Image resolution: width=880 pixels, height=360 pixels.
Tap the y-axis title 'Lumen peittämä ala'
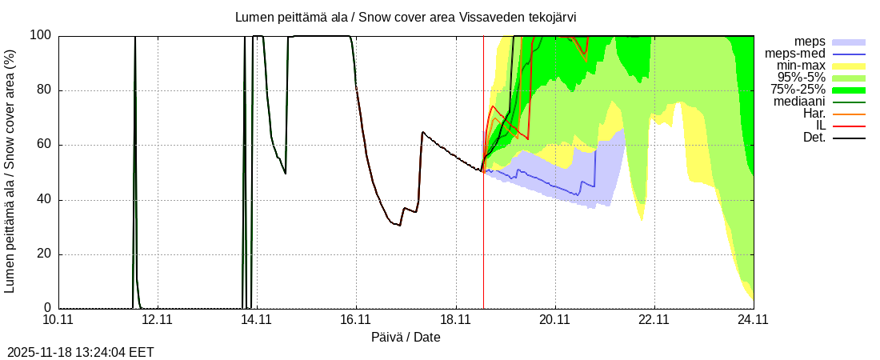(x=10, y=170)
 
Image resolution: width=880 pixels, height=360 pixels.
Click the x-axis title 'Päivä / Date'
(x=406, y=337)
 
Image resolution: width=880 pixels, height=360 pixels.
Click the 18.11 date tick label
(x=455, y=320)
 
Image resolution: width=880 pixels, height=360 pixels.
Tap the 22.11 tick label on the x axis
(x=654, y=320)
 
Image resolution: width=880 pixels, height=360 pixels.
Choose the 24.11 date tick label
(x=754, y=320)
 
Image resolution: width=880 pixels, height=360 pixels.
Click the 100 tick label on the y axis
(x=40, y=35)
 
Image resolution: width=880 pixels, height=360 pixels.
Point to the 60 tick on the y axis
(x=43, y=145)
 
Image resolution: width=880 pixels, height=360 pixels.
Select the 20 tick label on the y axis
(x=43, y=254)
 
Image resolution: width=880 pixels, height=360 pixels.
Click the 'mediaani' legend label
(x=799, y=102)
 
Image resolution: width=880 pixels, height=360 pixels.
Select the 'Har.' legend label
(x=813, y=114)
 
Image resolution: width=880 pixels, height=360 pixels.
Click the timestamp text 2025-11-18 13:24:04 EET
(x=81, y=352)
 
